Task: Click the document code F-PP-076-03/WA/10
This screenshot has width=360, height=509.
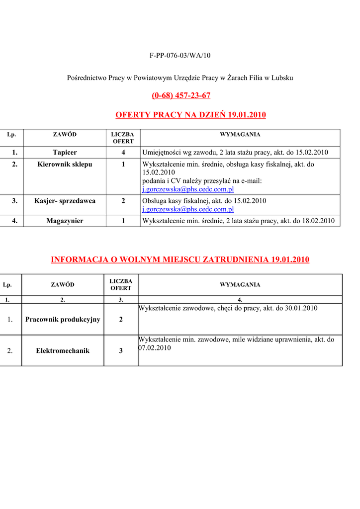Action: [x=180, y=55]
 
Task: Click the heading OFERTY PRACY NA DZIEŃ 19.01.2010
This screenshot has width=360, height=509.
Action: [x=190, y=115]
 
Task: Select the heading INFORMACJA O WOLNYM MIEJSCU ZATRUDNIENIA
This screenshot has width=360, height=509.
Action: [x=180, y=259]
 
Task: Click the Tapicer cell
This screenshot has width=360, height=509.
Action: [x=65, y=152]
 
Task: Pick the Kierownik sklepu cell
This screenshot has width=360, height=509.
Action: [x=65, y=164]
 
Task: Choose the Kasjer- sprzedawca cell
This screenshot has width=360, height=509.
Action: [x=65, y=201]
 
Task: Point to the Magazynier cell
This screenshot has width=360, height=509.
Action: [x=65, y=221]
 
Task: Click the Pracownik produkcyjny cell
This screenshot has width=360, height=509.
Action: [x=63, y=319]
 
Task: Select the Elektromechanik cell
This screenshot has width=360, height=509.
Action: [x=63, y=350]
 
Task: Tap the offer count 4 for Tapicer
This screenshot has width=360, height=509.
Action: [x=123, y=152]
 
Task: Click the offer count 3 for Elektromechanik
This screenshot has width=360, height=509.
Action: [x=121, y=350]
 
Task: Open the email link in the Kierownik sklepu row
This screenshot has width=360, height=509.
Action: [x=188, y=189]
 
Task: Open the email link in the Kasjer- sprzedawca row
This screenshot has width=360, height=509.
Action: [x=188, y=209]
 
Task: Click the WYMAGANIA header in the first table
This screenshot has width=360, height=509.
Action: [x=240, y=135]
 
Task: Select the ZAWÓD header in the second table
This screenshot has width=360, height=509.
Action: [x=63, y=285]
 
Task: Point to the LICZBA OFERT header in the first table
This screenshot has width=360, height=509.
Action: [x=123, y=138]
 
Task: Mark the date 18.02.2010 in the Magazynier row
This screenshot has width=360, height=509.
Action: [x=318, y=221]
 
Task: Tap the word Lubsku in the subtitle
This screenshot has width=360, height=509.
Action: [x=282, y=78]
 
